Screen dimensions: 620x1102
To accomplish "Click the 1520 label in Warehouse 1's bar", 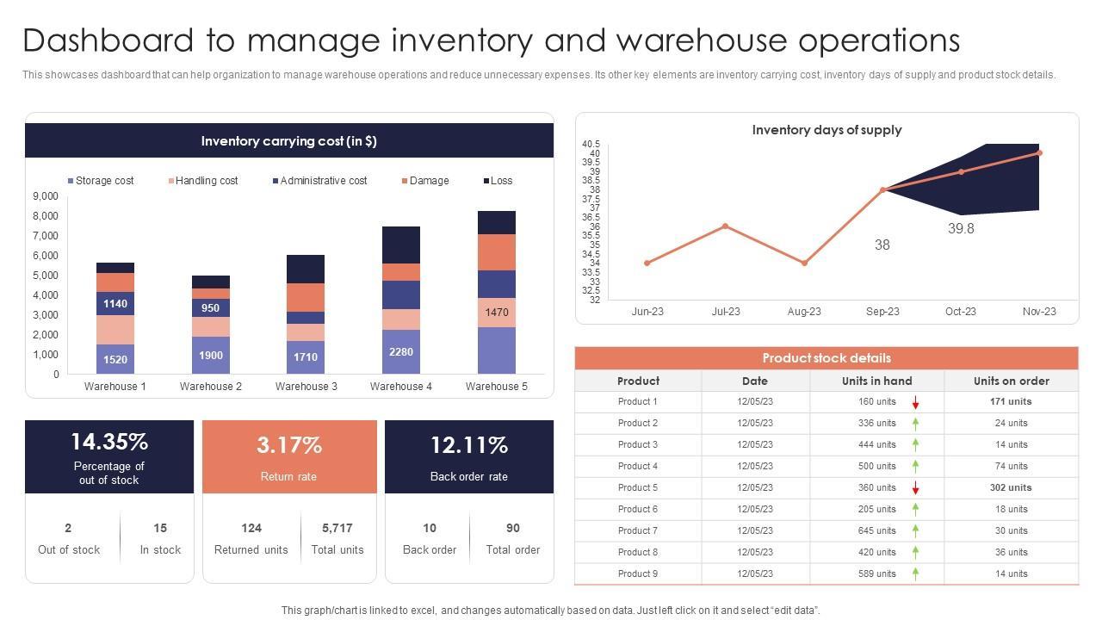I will coord(115,360).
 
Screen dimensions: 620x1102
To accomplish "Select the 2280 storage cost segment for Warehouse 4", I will coord(401,352).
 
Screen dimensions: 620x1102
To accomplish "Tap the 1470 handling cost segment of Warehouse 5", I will coord(497,313).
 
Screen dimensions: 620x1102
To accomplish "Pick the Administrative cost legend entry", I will coord(319,181).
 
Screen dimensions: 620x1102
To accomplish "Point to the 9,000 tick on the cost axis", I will coord(46,196).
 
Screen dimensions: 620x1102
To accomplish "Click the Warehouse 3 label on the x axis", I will coord(306,387).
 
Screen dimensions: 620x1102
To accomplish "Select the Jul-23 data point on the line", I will coord(726,226).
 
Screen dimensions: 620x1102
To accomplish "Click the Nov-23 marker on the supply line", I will coord(1039,153).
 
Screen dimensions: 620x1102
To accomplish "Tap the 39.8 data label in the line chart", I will coord(961,229).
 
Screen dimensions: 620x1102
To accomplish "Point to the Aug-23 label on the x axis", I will coord(804,312).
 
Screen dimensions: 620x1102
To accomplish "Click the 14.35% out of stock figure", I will coord(109,442).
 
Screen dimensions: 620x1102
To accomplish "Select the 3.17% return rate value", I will coord(289,445).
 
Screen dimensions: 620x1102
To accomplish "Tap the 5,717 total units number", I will coord(337,528).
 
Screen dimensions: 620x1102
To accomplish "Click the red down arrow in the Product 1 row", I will coord(916,402).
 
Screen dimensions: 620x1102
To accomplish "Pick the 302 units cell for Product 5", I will coord(1011,487).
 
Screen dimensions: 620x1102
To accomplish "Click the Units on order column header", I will coord(1011,381).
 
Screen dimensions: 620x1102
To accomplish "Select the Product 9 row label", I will coord(638,573).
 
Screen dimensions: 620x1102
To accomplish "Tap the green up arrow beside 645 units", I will coord(916,530).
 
